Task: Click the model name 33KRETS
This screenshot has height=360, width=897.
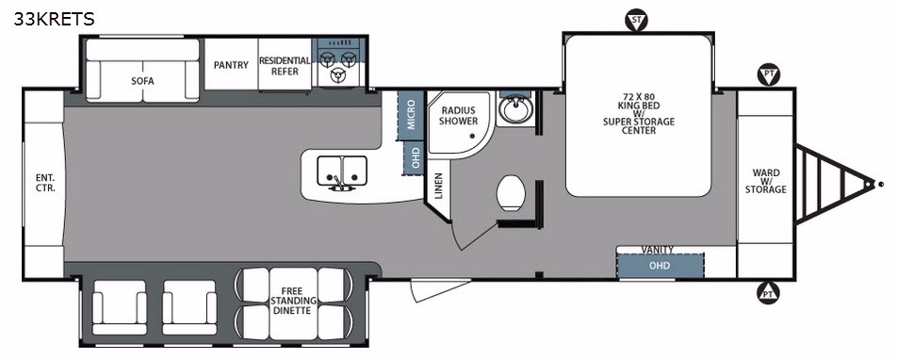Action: [55, 20]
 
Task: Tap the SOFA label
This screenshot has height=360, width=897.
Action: [142, 81]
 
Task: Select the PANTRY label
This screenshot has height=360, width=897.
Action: [231, 65]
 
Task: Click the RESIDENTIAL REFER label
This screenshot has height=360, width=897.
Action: [285, 66]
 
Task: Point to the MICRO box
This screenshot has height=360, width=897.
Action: [411, 115]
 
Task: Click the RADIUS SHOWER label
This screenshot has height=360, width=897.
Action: [460, 116]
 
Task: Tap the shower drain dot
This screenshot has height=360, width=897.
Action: [473, 136]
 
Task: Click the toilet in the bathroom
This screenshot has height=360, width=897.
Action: [511, 193]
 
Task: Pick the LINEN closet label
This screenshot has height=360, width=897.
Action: [439, 186]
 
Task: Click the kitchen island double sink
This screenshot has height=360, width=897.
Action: [342, 172]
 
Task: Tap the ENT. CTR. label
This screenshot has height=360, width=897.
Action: [45, 183]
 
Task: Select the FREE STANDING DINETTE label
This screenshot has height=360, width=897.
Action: [292, 301]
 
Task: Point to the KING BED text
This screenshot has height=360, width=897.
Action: [639, 106]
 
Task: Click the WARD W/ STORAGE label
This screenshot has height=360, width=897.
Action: [765, 181]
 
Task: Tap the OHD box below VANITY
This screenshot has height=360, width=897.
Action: [661, 266]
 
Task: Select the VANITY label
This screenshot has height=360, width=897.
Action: [658, 250]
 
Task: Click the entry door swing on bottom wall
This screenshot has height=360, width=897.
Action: [440, 289]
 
